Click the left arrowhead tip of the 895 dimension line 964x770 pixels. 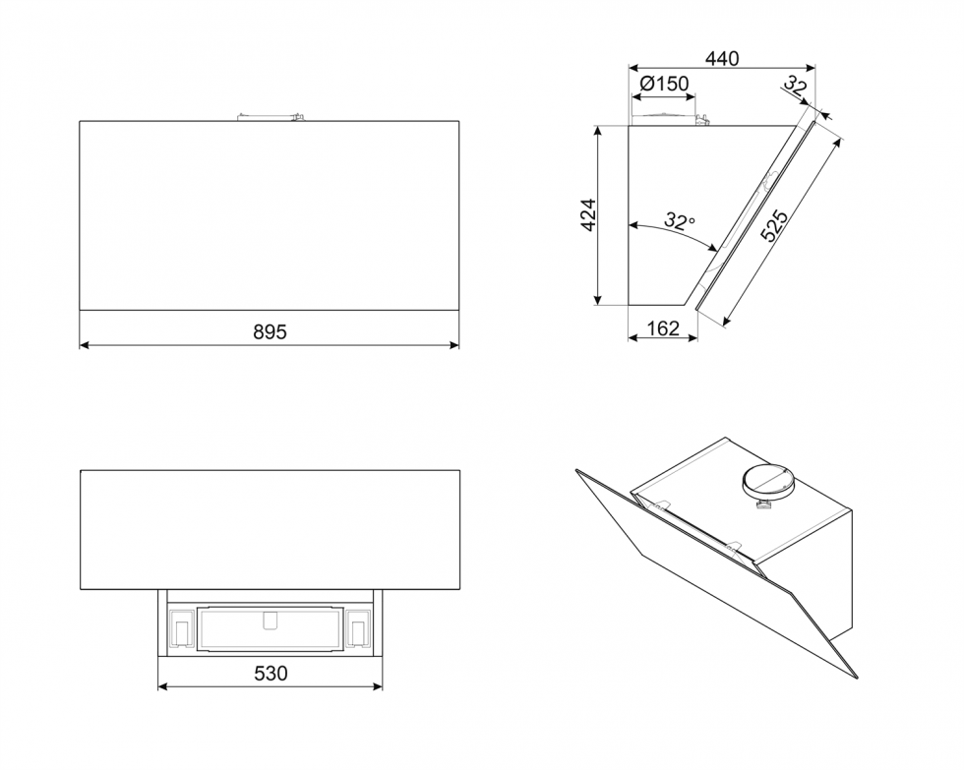[x=80, y=345]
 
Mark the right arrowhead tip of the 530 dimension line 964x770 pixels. [x=383, y=685]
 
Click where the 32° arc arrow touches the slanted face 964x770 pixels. [x=717, y=252]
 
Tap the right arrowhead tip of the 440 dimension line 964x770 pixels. [x=814, y=67]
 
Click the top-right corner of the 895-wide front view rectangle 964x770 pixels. [x=459, y=121]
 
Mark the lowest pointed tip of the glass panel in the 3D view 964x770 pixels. [x=857, y=679]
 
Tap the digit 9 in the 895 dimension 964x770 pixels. [x=269, y=331]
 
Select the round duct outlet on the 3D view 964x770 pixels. [x=767, y=481]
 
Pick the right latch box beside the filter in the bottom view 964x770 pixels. [x=357, y=628]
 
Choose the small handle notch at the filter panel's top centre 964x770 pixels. [x=270, y=621]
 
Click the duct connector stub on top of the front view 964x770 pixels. [x=271, y=116]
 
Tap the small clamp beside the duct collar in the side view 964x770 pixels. [x=702, y=120]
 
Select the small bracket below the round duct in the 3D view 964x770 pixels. [x=764, y=504]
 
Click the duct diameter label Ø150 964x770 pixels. [x=664, y=83]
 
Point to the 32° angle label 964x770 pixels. [x=680, y=221]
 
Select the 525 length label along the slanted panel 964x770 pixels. [x=774, y=226]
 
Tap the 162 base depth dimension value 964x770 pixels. [x=663, y=328]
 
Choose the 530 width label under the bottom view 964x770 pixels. [x=271, y=674]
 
